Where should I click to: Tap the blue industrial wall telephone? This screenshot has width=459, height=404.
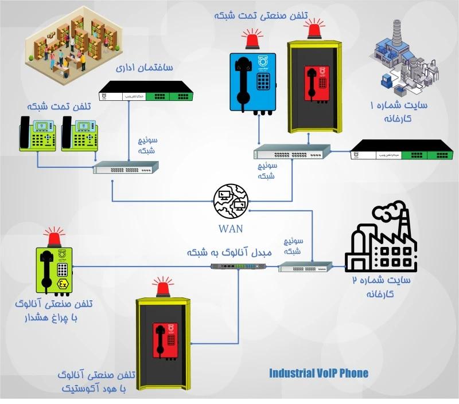253,81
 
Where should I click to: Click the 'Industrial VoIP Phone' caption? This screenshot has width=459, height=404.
319,373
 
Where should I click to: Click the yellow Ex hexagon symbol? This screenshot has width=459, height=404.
63,285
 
